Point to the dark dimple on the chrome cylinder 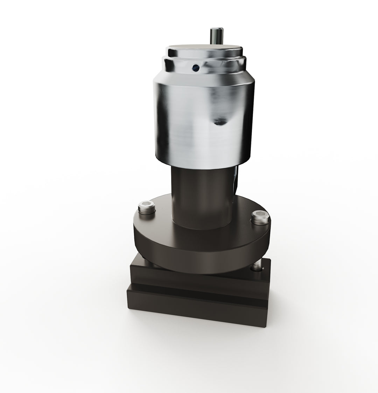(x=220, y=121)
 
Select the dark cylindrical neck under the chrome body (x=196, y=196)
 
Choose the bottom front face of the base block (x=196, y=311)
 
